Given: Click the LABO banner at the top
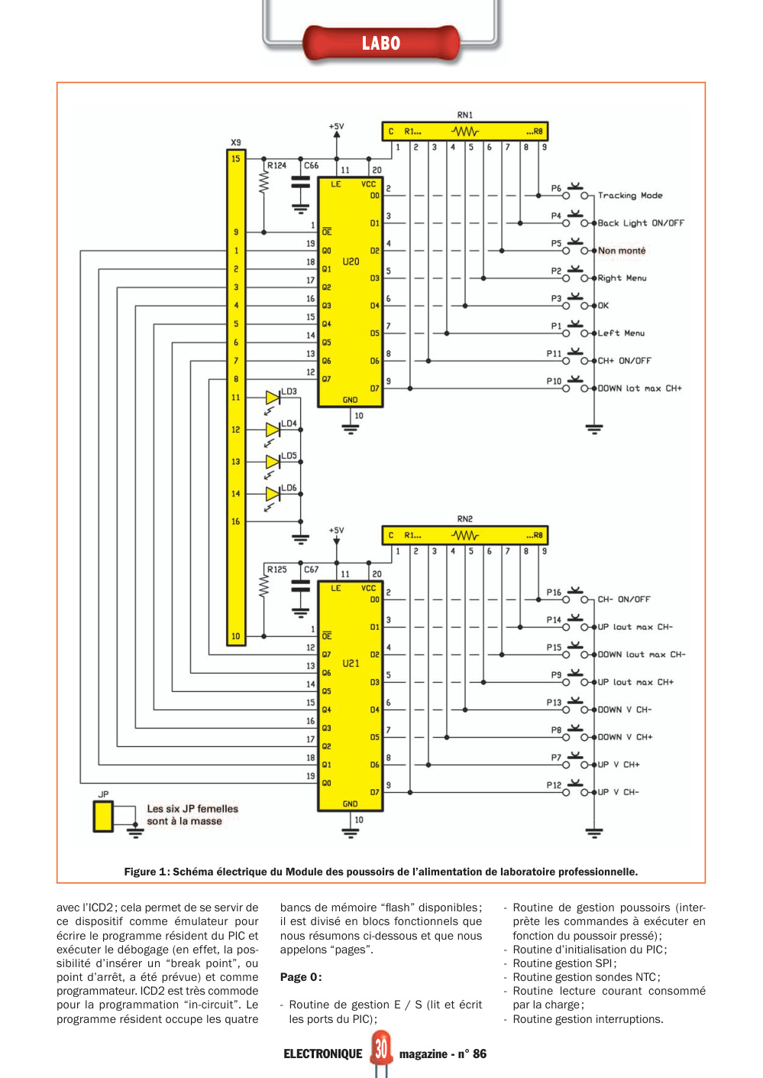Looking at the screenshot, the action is click(381, 44).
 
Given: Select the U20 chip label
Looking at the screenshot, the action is click(351, 261).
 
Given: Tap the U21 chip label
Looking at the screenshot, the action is click(351, 663).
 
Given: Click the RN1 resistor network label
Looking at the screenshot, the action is click(465, 115).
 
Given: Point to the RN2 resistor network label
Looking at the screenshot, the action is click(465, 519).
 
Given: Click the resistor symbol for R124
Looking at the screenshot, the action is click(263, 183).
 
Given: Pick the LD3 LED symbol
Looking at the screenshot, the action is click(273, 398).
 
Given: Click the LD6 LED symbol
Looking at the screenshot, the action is click(273, 494).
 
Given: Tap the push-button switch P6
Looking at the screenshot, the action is click(575, 193).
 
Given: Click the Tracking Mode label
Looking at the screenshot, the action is click(630, 196).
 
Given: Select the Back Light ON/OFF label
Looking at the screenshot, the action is click(640, 223).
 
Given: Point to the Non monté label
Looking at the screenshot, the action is click(622, 251).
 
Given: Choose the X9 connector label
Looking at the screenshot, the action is click(235, 142).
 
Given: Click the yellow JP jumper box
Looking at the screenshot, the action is click(103, 817).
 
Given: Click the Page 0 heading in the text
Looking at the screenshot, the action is click(301, 977).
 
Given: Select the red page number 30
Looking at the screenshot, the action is click(381, 1049).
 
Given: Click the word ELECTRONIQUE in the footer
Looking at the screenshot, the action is click(322, 1054).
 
